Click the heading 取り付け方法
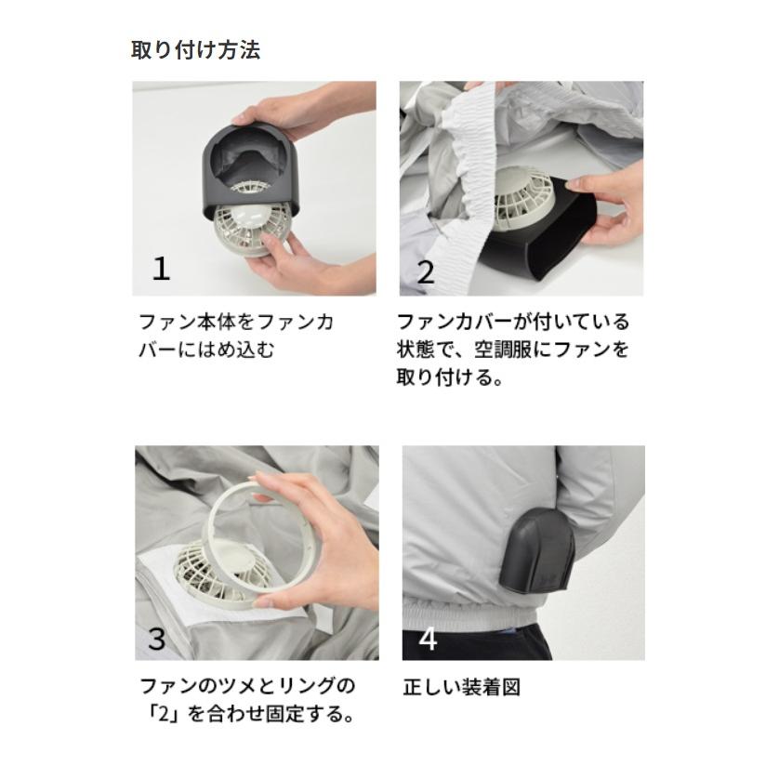[195, 49]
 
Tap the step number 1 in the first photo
[161, 269]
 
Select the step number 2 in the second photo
[426, 271]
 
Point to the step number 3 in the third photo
[157, 639]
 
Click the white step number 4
[428, 639]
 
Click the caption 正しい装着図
[461, 688]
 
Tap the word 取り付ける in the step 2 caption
[443, 377]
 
